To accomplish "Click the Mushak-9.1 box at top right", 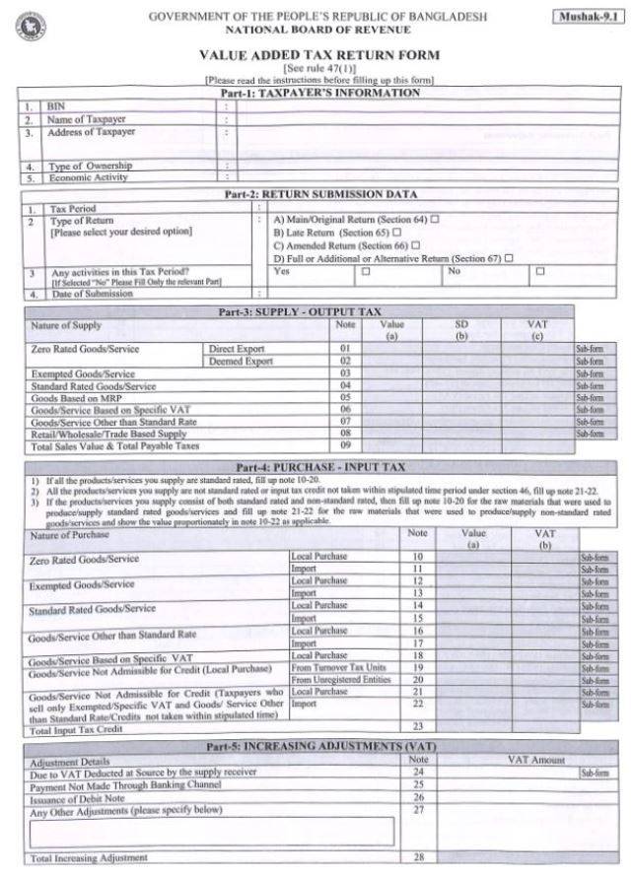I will pos(587,17).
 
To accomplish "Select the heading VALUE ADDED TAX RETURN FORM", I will pos(319,56).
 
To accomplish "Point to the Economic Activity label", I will pos(90,178).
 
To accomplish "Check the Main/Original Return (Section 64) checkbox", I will pos(434,219).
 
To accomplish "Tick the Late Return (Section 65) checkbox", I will pos(396,232).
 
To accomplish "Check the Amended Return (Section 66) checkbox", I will pos(415,244).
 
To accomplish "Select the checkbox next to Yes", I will pos(366,271).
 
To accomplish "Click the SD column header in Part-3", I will pos(460,324).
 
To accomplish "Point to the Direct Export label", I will pos(238,349).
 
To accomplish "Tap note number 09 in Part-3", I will pos(346,445).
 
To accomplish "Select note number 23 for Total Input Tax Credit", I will pos(417,726).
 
